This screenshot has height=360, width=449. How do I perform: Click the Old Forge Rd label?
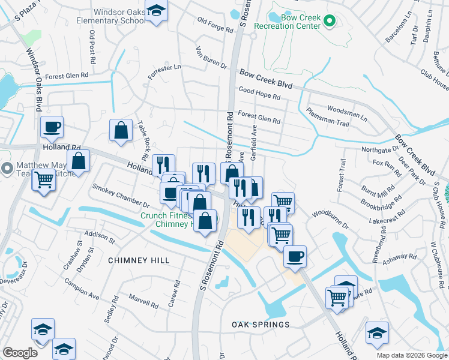[x=214, y=25]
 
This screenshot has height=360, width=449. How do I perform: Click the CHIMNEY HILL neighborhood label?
[x=139, y=260]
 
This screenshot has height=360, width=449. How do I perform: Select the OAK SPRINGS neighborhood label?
[x=261, y=325]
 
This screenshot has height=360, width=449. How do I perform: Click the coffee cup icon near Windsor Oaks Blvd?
[x=52, y=127]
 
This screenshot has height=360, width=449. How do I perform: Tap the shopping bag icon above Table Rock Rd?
[x=121, y=130]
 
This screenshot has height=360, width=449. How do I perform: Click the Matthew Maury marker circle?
[x=8, y=169]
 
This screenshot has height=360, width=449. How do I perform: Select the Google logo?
[x=20, y=353]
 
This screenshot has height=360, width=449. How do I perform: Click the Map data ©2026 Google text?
[x=411, y=355]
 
